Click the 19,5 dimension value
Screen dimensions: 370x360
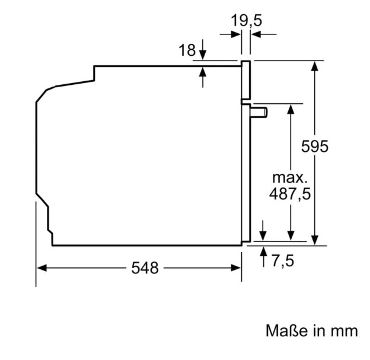tap(246, 20)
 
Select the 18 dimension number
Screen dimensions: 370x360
tap(187, 50)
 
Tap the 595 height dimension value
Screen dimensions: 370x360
tap(314, 146)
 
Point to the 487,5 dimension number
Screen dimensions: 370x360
tap(290, 195)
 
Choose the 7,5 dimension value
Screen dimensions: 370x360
tap(283, 261)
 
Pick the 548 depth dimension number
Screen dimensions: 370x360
tap(145, 268)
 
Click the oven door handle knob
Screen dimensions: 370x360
tap(259, 112)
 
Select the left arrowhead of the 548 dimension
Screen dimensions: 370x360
tap(42, 268)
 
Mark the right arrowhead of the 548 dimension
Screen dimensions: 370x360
tap(236, 268)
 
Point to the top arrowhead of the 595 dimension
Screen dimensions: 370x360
tap(314, 66)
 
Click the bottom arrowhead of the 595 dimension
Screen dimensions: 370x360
tap(314, 240)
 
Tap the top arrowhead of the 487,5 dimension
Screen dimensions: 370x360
tap(291, 109)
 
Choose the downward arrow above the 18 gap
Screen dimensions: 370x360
tap(203, 50)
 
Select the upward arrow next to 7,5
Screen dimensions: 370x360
tap(263, 256)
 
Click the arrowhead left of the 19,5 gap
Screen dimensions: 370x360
tap(230, 34)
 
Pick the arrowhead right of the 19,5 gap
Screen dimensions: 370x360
tap(264, 34)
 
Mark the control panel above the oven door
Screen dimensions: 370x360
tap(245, 80)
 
